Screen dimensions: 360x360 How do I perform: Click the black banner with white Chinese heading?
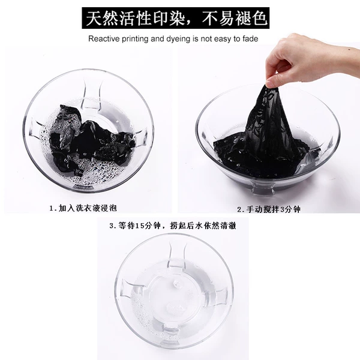pos(175,18)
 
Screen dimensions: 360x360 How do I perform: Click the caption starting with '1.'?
pos(83,208)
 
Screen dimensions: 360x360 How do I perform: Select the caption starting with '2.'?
pos(269,209)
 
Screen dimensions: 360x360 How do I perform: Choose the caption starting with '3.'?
pos(173,226)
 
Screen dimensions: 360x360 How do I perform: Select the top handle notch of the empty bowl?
pos(178,255)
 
